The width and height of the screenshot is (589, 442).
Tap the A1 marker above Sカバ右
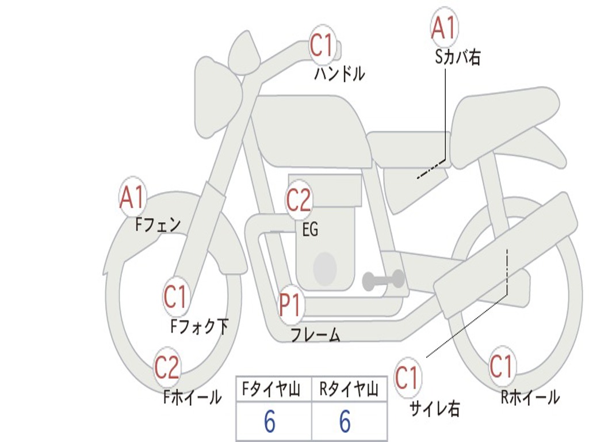click(444, 28)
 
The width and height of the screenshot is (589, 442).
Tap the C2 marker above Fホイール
click(167, 367)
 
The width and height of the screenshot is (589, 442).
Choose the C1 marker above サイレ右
click(407, 377)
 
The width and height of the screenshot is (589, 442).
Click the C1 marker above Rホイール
click(501, 365)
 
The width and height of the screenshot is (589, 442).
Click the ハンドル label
click(339, 73)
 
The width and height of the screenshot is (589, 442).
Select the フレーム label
click(316, 334)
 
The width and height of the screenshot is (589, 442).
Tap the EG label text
click(310, 229)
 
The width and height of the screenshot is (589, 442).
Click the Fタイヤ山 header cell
click(274, 389)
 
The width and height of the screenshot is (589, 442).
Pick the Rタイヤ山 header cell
click(349, 389)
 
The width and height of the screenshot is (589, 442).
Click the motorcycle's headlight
click(217, 100)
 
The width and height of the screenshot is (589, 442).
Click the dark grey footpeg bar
click(383, 280)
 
